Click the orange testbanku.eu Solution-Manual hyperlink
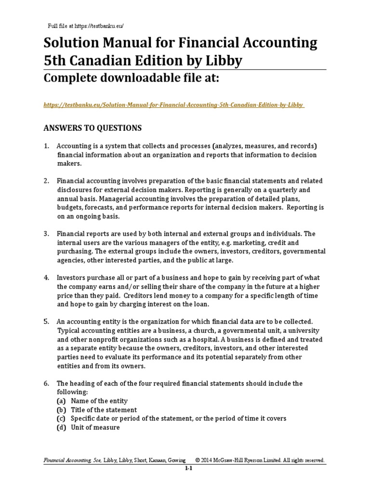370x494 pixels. (174, 105)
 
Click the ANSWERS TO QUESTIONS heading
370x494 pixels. (92, 128)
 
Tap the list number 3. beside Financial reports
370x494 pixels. (47, 233)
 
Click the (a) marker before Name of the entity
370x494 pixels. (61, 401)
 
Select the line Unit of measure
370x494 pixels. (95, 427)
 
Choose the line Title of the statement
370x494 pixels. (104, 410)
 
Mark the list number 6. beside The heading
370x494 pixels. (47, 384)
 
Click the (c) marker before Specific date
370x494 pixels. (61, 418)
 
